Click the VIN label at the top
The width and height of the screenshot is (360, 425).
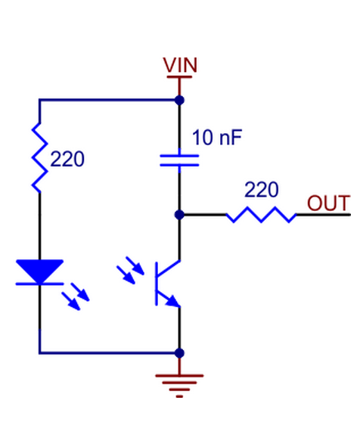pyautogui.click(x=180, y=65)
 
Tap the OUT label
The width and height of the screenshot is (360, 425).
pyautogui.click(x=328, y=203)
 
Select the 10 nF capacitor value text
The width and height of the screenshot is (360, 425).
pyautogui.click(x=217, y=138)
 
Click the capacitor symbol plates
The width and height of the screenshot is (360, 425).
pyautogui.click(x=179, y=160)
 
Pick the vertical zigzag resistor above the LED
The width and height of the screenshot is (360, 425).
pyautogui.click(x=40, y=158)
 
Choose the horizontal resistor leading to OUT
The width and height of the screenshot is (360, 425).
pyautogui.click(x=261, y=215)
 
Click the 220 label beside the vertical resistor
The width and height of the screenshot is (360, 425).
pyautogui.click(x=67, y=159)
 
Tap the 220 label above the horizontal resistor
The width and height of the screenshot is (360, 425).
pyautogui.click(x=262, y=190)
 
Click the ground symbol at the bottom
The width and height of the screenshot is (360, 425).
pyautogui.click(x=179, y=386)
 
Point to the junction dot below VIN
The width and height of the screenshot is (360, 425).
pyautogui.click(x=179, y=100)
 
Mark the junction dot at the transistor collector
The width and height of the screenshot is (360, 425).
pyautogui.click(x=179, y=215)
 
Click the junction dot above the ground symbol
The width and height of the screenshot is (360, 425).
pyautogui.click(x=179, y=353)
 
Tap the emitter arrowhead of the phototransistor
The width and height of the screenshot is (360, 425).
pyautogui.click(x=173, y=301)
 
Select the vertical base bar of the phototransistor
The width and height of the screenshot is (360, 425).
pyautogui.click(x=157, y=284)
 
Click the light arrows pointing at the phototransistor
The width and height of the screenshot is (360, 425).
pyautogui.click(x=130, y=270)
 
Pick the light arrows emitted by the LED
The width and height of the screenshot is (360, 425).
pyautogui.click(x=76, y=296)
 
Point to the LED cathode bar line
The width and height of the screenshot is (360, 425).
pyautogui.click(x=40, y=284)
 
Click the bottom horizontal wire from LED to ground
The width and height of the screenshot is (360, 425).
pyautogui.click(x=109, y=353)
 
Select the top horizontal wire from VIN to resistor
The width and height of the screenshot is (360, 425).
pyautogui.click(x=109, y=100)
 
